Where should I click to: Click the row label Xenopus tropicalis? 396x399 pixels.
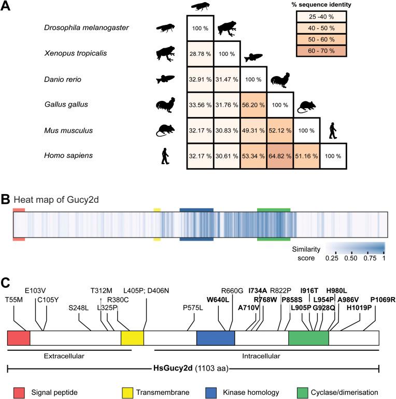pos(76,53)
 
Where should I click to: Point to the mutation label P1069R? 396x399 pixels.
pos(383,299)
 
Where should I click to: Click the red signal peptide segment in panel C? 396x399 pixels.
pos(19,338)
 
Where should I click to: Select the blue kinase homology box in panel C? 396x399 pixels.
pos(216,338)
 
